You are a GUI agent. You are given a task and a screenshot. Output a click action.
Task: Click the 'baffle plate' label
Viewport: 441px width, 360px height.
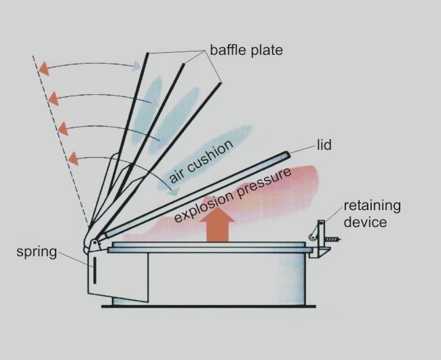[246, 50]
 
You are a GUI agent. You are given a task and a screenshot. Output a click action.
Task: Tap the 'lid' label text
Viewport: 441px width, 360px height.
[324, 145]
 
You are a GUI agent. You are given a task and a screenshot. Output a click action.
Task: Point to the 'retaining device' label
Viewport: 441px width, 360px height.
[372, 214]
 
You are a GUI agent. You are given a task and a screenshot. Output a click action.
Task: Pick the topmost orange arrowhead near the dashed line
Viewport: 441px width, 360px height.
[44, 68]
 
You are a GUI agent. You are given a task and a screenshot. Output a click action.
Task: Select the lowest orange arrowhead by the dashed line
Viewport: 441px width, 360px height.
[72, 160]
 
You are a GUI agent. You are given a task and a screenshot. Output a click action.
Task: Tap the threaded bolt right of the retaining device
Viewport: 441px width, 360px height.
[331, 238]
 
